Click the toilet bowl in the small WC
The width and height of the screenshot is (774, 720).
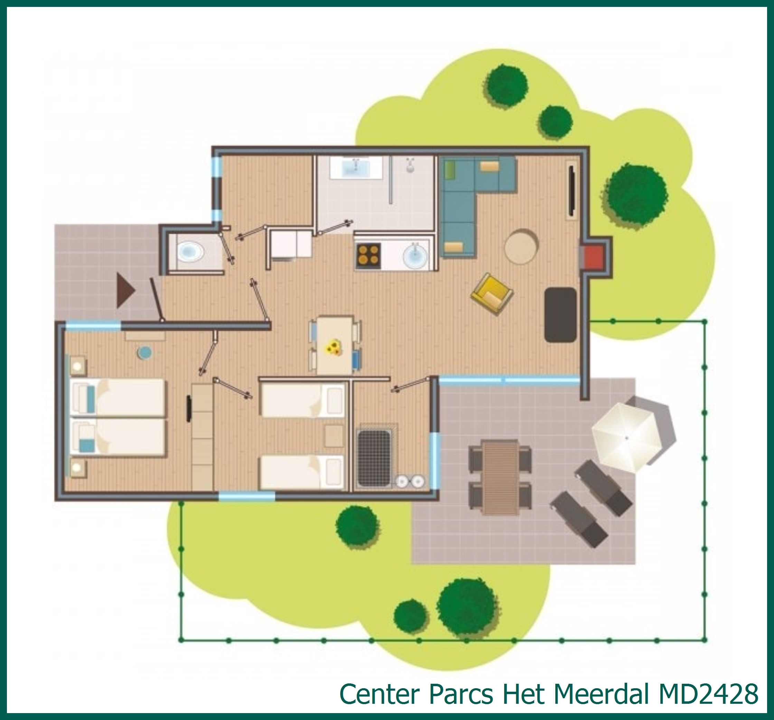pyautogui.click(x=190, y=252)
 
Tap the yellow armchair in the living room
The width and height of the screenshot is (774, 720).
pyautogui.click(x=492, y=294)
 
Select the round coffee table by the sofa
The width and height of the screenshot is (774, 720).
pyautogui.click(x=521, y=246)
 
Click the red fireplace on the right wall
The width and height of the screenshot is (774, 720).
pyautogui.click(x=594, y=257)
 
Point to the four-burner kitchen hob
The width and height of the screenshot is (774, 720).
pyautogui.click(x=368, y=255)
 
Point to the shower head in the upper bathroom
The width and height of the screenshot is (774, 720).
pyautogui.click(x=410, y=167)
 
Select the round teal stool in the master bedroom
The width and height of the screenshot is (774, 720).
pyautogui.click(x=144, y=352)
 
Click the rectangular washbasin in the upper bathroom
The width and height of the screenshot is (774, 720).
pyautogui.click(x=356, y=168)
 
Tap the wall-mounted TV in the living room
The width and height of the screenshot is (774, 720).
pyautogui.click(x=571, y=191)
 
